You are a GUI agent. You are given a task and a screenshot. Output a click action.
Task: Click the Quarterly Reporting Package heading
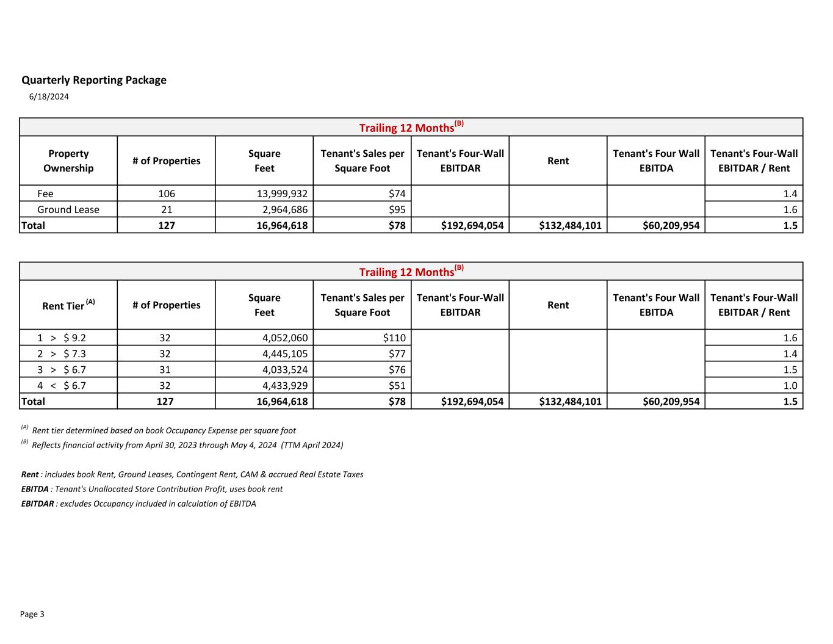click(x=94, y=80)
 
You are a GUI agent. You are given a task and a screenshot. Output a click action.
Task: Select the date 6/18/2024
click(x=49, y=96)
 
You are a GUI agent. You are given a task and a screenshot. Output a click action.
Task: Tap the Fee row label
click(x=45, y=194)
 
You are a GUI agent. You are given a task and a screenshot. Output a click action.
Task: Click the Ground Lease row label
click(x=68, y=209)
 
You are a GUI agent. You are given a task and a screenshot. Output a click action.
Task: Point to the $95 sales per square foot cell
click(x=397, y=209)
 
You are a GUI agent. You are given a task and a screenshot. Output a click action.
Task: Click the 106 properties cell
click(x=167, y=194)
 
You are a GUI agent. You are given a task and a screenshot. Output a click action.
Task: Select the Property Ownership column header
click(x=68, y=161)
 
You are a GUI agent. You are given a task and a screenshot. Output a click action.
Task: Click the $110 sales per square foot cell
click(x=394, y=338)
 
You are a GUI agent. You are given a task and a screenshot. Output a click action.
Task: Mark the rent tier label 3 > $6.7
click(x=61, y=369)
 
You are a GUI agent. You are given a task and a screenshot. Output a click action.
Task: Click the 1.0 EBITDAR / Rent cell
click(x=790, y=385)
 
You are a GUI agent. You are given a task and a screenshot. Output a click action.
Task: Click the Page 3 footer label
click(x=32, y=614)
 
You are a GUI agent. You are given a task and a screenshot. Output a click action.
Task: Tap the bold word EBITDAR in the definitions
click(x=37, y=504)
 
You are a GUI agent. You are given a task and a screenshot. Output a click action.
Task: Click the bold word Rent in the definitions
click(x=30, y=474)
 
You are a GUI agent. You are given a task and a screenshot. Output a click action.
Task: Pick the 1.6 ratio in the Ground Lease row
click(x=790, y=209)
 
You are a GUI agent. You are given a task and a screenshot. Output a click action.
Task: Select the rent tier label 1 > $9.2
click(x=61, y=338)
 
